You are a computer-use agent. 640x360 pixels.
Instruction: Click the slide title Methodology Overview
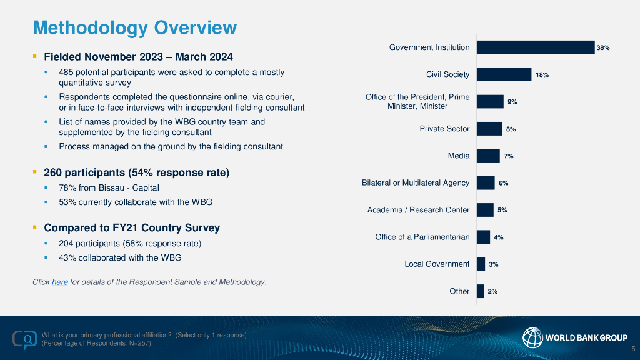click(134, 27)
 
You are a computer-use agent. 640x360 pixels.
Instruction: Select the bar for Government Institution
click(535, 47)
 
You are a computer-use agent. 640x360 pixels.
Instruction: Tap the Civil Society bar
click(504, 74)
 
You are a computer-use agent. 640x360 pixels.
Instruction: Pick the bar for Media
click(488, 156)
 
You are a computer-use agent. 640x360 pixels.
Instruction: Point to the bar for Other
click(480, 291)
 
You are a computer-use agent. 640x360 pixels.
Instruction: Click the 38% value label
click(602, 47)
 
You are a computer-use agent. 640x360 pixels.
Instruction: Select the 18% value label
click(542, 74)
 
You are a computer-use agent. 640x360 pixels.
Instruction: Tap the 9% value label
click(512, 101)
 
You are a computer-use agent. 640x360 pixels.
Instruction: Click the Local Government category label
click(437, 264)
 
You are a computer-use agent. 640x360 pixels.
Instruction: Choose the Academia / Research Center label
click(418, 210)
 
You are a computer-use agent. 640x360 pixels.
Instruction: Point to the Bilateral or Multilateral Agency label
click(416, 182)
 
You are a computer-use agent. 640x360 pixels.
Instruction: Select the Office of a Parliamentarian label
click(422, 237)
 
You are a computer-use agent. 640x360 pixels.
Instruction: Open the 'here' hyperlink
click(59, 282)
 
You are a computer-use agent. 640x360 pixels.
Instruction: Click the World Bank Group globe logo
click(532, 338)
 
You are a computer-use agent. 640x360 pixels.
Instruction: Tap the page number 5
click(633, 349)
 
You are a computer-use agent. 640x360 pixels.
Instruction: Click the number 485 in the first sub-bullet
click(67, 72)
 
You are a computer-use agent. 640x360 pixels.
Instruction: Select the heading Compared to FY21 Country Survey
click(132, 228)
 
